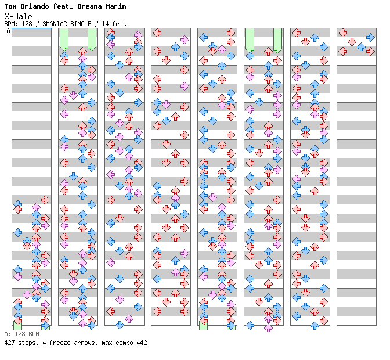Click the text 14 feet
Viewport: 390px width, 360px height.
(x=114, y=24)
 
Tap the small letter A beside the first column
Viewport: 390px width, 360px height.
(x=9, y=31)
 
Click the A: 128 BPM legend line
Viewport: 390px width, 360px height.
(x=21, y=334)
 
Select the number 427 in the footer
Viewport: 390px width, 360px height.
(x=10, y=343)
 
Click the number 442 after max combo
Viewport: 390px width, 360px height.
(x=141, y=343)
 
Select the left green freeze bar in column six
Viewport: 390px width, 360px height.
(x=250, y=39)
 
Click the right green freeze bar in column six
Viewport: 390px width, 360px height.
(x=277, y=39)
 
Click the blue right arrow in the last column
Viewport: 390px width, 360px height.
(x=370, y=37)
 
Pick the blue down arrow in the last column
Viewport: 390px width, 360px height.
(x=361, y=46)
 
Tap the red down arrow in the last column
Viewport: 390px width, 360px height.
(x=352, y=42)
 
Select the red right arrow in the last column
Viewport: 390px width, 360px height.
(x=370, y=51)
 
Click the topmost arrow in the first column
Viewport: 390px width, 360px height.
(x=45, y=200)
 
